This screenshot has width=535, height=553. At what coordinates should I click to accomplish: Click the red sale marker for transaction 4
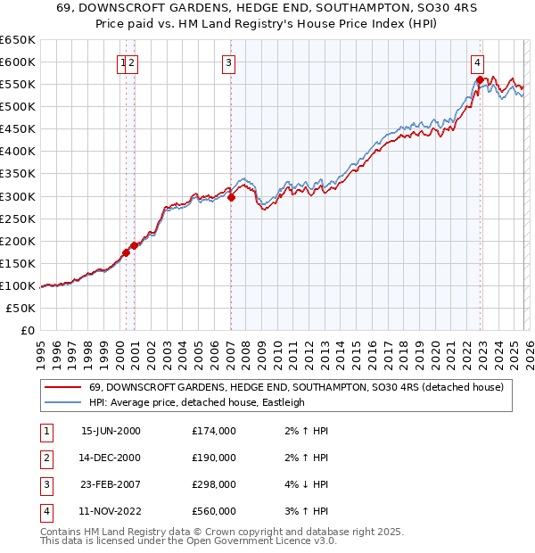tap(480, 79)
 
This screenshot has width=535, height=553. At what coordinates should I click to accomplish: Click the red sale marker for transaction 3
tap(231, 197)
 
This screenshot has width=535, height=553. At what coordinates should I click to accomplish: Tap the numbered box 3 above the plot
tap(229, 62)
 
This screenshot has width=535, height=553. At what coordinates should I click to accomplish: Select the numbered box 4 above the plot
tap(478, 62)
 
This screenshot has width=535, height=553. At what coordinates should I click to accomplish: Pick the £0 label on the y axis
tap(27, 331)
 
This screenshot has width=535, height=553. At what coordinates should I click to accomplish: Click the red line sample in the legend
tap(63, 387)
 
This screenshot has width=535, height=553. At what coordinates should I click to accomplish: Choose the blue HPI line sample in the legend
tap(63, 402)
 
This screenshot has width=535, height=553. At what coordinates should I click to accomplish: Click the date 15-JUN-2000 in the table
tap(111, 431)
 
